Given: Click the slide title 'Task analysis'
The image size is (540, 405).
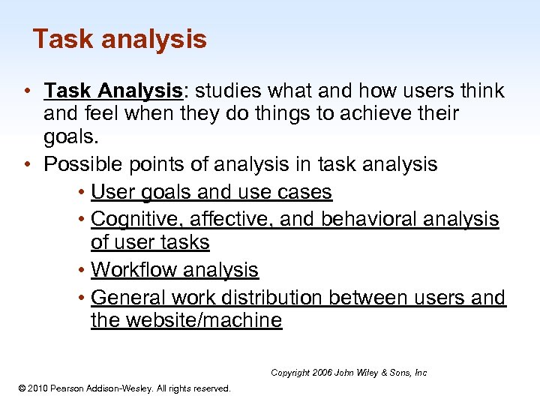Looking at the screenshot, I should (x=119, y=39).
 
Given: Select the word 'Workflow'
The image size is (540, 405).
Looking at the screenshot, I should (x=133, y=270).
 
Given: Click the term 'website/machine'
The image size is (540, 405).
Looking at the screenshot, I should (x=202, y=321).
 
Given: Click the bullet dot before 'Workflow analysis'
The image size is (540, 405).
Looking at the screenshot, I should (x=80, y=270).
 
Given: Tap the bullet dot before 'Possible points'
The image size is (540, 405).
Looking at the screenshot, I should (x=27, y=165).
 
